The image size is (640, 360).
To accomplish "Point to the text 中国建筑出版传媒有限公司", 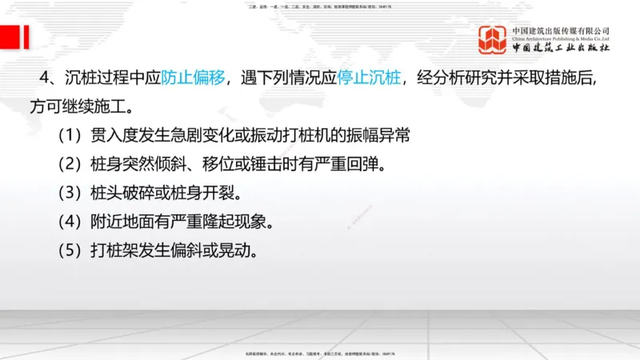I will coord(561,30).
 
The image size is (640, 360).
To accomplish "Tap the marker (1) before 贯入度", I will coord(70,134).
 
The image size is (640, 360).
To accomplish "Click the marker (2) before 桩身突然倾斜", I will coord(70,164).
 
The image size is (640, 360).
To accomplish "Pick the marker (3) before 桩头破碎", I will coord(70,193).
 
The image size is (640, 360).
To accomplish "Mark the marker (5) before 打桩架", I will coord(70,250).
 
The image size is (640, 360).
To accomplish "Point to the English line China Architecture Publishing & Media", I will coord(561,38).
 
